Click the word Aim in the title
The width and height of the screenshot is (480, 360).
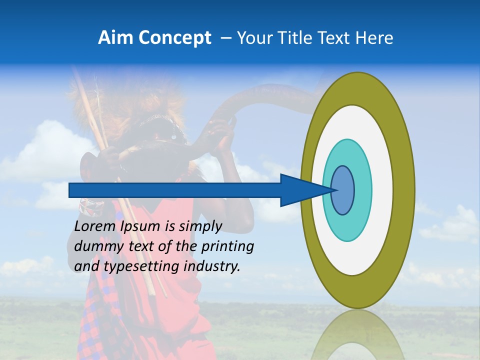click(115, 38)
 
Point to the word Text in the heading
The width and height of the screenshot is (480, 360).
click(335, 38)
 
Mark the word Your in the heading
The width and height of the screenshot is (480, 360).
click(253, 38)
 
